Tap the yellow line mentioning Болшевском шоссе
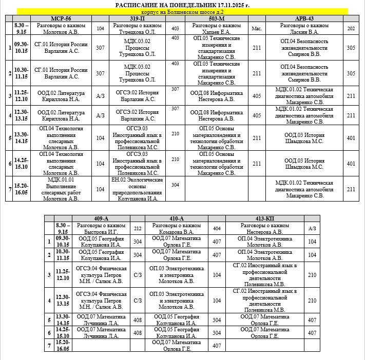click(182, 11)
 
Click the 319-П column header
click(137, 18)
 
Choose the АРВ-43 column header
click(304, 18)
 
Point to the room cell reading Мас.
click(257, 28)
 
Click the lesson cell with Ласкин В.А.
click(304, 28)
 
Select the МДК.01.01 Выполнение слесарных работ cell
click(61, 189)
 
